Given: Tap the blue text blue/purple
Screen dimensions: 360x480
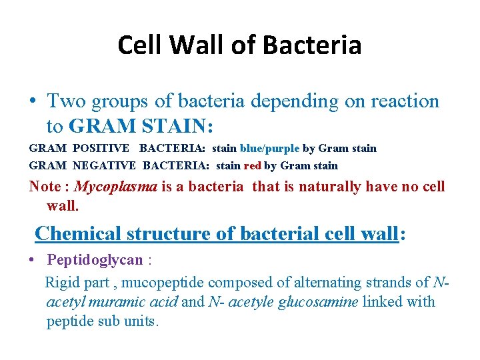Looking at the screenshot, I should pyautogui.click(x=270, y=148).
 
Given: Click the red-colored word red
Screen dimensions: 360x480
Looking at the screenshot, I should pyautogui.click(x=253, y=165).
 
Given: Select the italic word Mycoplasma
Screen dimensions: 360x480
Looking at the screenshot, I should pyautogui.click(x=115, y=187).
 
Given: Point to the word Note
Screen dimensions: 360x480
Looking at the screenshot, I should pyautogui.click(x=44, y=187).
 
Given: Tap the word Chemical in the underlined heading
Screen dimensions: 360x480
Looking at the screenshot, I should pyautogui.click(x=77, y=233).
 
